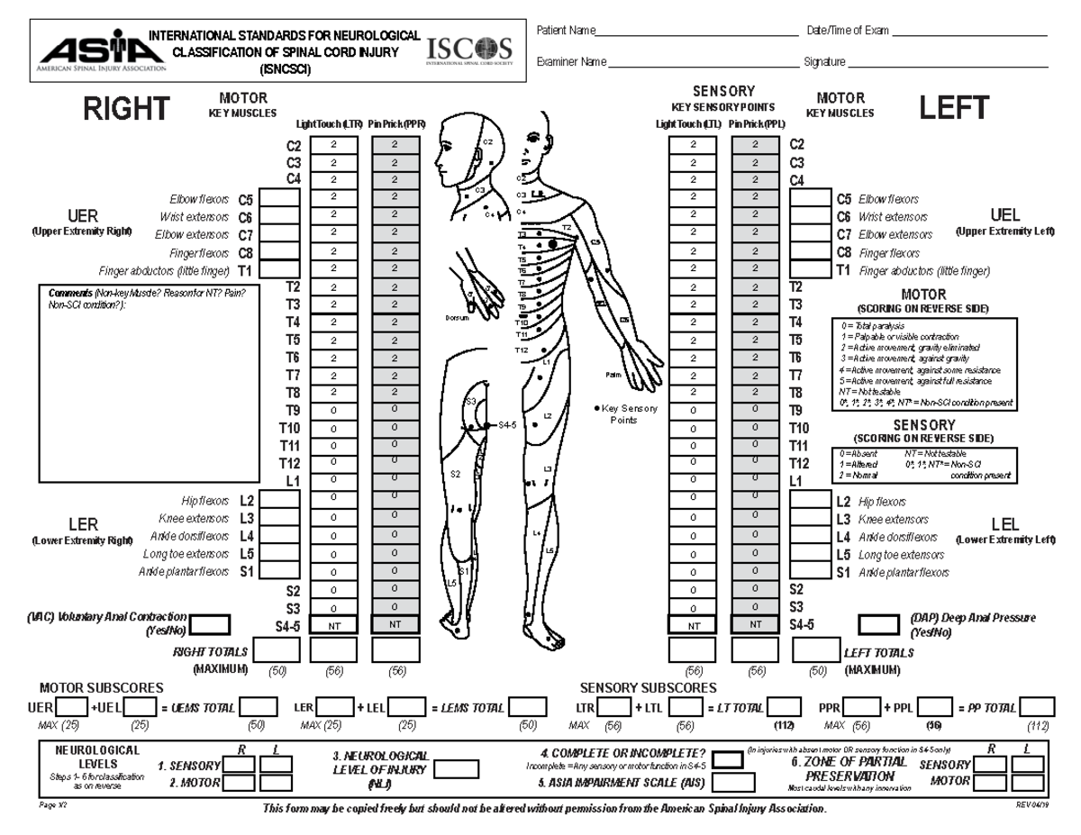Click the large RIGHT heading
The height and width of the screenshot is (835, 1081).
(126, 110)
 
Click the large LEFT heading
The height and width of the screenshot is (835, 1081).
(954, 110)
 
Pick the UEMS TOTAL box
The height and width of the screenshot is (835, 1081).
(258, 709)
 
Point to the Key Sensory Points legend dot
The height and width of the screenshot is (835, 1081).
(597, 409)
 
